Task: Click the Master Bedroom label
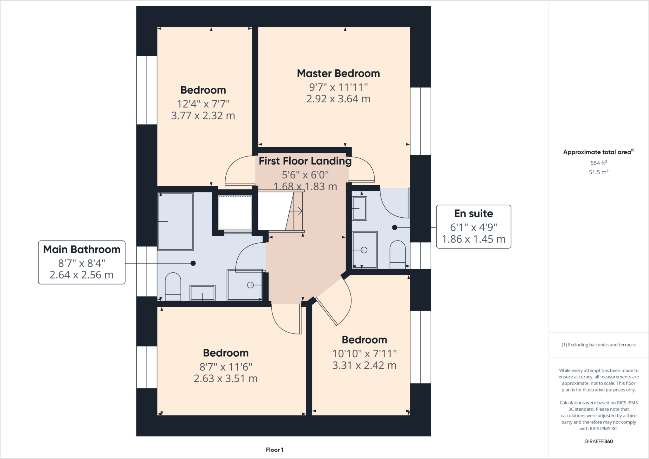(x=338, y=73)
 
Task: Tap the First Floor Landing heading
(x=305, y=161)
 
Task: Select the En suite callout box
(x=473, y=226)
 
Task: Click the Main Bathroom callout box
(x=82, y=262)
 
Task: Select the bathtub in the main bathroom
(x=176, y=221)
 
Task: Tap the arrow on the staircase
(x=296, y=211)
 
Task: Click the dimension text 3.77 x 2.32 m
(x=203, y=116)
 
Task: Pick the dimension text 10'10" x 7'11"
(x=364, y=354)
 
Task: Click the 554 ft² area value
(x=598, y=163)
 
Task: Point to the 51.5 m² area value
(x=598, y=172)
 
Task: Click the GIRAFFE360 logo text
(x=598, y=441)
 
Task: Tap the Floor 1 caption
(x=274, y=450)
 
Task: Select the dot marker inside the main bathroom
(x=193, y=263)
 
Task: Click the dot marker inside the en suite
(x=395, y=227)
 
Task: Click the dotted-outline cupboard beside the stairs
(x=235, y=213)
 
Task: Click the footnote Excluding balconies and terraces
(x=598, y=345)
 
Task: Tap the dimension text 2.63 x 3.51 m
(x=226, y=379)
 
